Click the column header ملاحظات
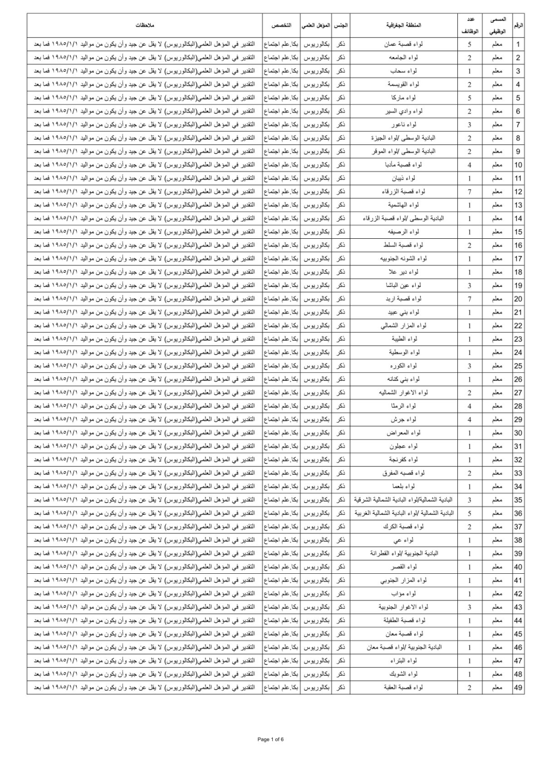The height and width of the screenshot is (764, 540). coord(145,25)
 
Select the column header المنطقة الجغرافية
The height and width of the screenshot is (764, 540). coord(403,25)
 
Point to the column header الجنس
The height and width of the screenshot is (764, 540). coord(341,25)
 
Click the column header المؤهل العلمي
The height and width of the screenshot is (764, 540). coord(316,25)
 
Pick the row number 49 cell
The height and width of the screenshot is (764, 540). coord(518,687)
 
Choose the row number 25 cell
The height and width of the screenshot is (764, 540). coord(518,366)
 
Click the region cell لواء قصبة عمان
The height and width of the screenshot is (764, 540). coord(403,44)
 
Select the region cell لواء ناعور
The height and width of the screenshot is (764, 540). coord(403,125)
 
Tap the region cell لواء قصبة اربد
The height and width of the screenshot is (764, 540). coord(403,299)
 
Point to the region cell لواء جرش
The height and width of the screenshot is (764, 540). coord(403,419)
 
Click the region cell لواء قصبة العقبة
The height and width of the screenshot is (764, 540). coord(403,687)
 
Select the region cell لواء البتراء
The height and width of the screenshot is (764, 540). coord(403,661)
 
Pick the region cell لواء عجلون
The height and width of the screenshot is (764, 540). coord(403,446)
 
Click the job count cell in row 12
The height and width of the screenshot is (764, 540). coord(470,192)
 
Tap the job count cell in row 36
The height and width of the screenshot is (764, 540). coord(470,513)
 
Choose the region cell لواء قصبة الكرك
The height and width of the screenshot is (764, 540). coord(403,527)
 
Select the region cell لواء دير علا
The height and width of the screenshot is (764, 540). coord(403,272)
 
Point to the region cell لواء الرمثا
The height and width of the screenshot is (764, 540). coord(403,406)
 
